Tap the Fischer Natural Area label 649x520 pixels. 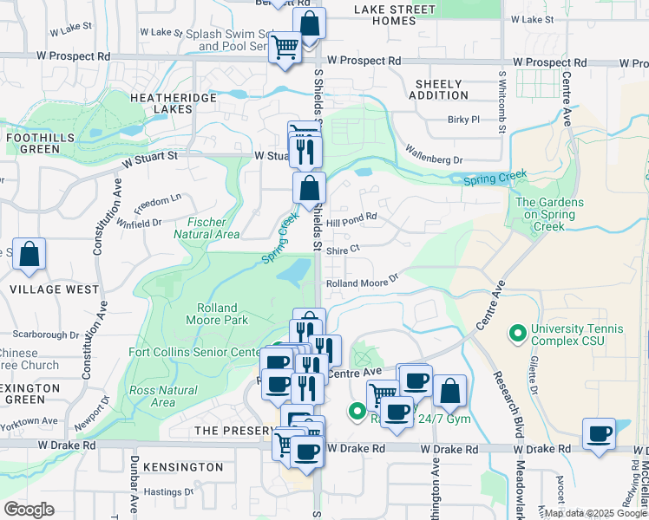click(206, 228)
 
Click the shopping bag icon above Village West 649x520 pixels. click(29, 255)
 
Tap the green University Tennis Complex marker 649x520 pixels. click(518, 332)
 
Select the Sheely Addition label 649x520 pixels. click(442, 89)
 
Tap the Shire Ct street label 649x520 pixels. click(343, 249)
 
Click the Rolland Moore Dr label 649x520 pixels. click(362, 282)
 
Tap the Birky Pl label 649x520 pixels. click(463, 120)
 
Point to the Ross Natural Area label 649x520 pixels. click(163, 396)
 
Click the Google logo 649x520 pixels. click(29, 510)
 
